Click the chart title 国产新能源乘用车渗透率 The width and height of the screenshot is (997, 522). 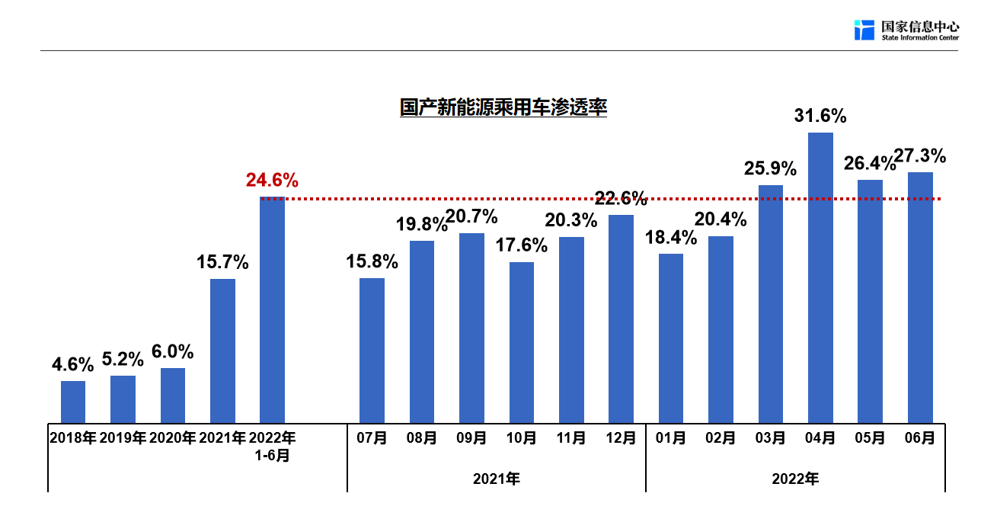503,107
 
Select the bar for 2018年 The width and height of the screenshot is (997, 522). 73,402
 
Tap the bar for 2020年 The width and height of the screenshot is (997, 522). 173,396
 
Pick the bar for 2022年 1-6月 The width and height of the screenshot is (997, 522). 272,309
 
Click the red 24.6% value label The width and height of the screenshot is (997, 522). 272,181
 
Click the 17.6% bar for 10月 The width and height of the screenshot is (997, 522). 522,342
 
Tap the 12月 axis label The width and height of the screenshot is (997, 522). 621,438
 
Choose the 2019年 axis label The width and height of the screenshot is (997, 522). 123,438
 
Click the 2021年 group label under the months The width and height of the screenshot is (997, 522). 497,479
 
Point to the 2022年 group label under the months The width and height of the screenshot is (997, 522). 795,479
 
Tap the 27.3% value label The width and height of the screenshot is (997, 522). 920,156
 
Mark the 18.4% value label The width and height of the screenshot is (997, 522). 670,238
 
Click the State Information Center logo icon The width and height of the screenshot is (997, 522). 864,30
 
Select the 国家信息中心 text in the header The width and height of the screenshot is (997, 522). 920,26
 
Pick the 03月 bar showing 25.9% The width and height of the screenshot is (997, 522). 771,304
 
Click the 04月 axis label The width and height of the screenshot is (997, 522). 820,438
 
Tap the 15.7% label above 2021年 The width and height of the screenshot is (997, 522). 222,263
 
